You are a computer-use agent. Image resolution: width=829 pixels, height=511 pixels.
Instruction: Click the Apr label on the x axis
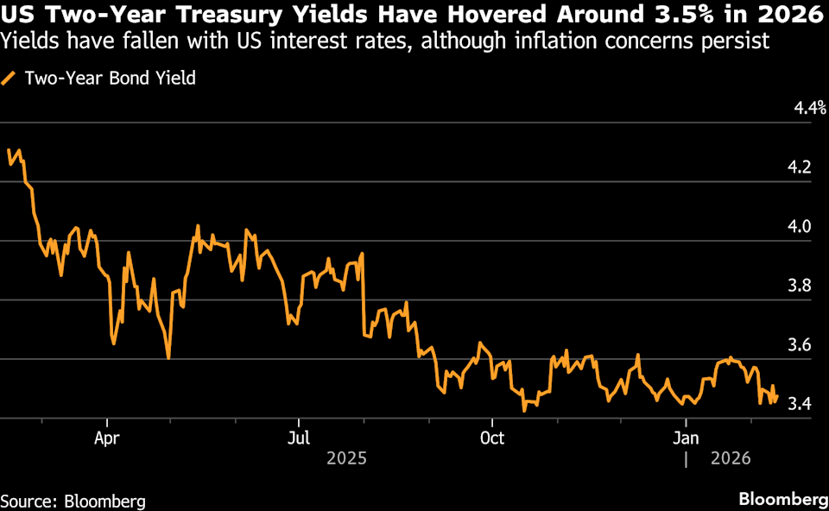click(107, 437)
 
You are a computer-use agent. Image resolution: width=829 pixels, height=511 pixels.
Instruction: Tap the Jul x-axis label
click(299, 437)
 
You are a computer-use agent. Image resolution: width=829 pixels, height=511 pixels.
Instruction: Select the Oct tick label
click(491, 437)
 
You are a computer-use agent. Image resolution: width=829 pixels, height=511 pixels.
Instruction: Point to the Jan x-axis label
click(686, 437)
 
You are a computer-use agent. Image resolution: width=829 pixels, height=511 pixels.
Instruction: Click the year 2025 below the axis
click(346, 458)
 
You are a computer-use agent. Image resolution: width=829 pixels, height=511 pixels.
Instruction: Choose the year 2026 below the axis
click(730, 458)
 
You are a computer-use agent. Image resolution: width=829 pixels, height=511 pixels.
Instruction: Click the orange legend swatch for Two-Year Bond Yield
click(9, 79)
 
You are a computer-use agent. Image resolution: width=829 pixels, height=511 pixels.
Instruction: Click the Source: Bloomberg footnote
click(73, 501)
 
